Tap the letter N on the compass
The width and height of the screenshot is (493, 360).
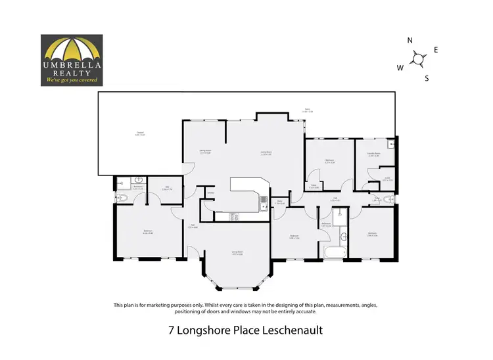point(410,41)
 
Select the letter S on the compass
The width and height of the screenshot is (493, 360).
point(427,78)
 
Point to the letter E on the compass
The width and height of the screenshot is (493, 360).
point(436,50)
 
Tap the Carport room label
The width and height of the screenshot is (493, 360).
point(139,134)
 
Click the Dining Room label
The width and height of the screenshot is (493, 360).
point(204,152)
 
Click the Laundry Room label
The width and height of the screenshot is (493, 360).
point(374,154)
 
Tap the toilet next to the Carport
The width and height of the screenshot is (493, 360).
point(121,198)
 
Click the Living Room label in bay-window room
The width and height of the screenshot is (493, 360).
point(237,252)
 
